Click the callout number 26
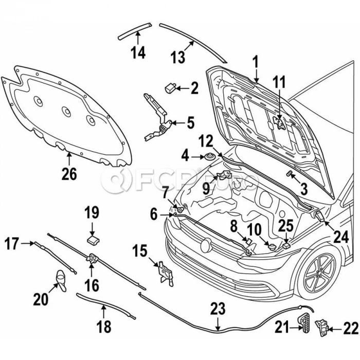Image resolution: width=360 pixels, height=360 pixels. [69, 174]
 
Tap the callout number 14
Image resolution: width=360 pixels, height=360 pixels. [138, 52]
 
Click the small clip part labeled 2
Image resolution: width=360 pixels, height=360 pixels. [170, 87]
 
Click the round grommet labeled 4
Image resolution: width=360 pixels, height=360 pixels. [210, 156]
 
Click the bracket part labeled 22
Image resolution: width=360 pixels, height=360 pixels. [322, 327]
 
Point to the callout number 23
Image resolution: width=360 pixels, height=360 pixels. [218, 310]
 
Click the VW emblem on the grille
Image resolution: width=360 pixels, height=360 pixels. [206, 245]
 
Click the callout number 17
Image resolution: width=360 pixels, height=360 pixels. [11, 243]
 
